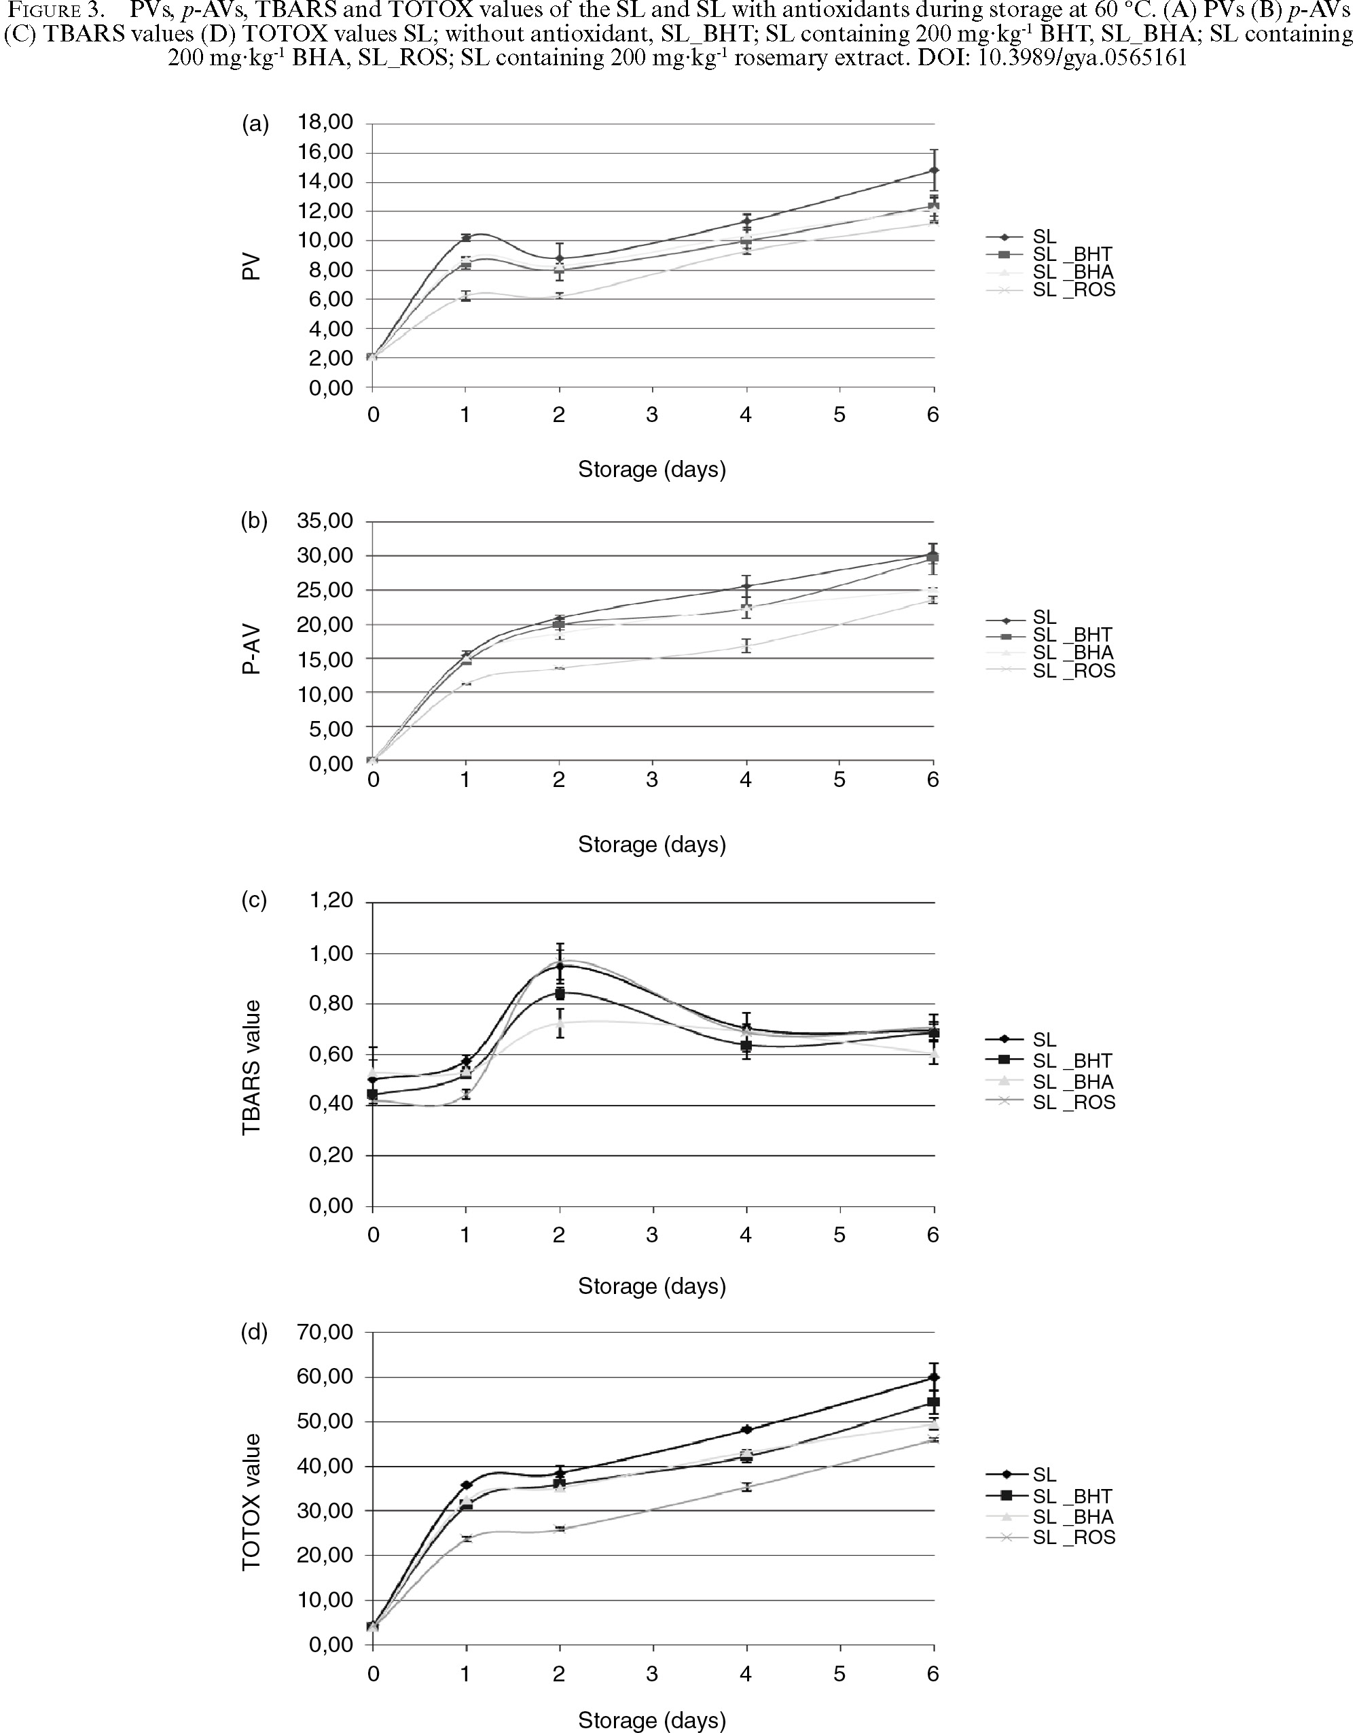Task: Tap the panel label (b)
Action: click(254, 521)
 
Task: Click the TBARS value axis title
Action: click(252, 1067)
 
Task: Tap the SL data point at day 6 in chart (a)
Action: click(935, 171)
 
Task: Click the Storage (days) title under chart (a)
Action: click(651, 470)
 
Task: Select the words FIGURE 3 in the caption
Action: click(52, 12)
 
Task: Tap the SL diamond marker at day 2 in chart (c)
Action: click(560, 966)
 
